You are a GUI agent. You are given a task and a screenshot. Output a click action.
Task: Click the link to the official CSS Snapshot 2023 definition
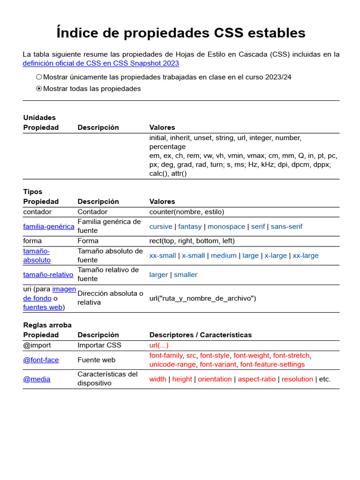[x=101, y=63]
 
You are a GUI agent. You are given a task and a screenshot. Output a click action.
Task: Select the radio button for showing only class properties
[x=39, y=77]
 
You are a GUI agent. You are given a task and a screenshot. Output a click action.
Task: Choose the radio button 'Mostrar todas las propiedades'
[x=39, y=89]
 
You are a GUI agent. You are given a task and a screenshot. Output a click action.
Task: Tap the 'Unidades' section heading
[x=39, y=118]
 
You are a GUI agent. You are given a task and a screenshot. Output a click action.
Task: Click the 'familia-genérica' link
[x=49, y=226]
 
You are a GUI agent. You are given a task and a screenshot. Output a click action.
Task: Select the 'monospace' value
[x=226, y=226]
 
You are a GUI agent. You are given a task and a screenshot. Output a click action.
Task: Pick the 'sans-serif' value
[x=286, y=226]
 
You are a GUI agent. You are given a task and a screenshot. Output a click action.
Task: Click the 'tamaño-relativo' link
[x=48, y=275]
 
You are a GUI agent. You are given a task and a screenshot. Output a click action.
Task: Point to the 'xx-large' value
[x=305, y=255]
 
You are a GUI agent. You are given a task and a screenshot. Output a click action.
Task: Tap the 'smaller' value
[x=186, y=275]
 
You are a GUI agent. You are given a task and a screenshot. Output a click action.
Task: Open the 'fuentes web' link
[x=43, y=307]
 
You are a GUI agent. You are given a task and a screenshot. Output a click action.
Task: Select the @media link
[x=37, y=379]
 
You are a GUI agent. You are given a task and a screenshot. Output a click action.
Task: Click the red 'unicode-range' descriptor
[x=172, y=364]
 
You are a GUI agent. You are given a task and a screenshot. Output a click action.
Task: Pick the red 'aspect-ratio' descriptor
[x=256, y=379]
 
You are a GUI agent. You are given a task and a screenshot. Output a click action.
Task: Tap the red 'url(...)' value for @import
[x=158, y=345]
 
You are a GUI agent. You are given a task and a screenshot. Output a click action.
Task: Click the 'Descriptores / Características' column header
[x=200, y=335]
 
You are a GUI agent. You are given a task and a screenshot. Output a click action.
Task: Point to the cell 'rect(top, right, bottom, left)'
[x=192, y=241]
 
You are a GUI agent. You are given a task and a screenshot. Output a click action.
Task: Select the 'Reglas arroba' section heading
[x=47, y=325]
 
